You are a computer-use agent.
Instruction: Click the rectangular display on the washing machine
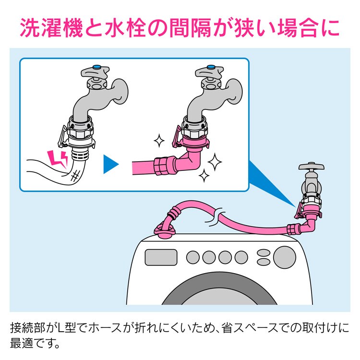tap(161, 256)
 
